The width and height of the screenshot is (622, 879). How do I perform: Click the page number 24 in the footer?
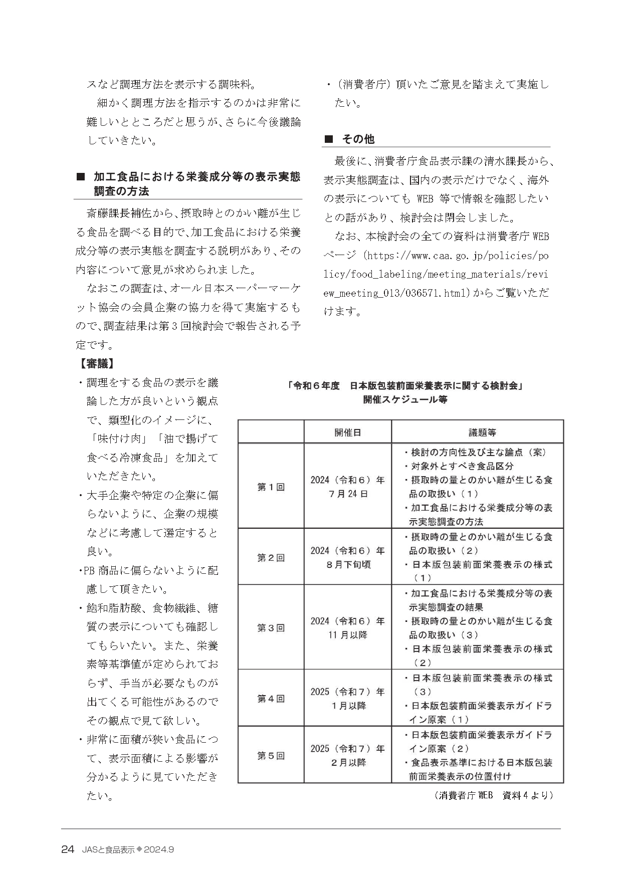68,849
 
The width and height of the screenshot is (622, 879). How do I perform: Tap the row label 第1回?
271,487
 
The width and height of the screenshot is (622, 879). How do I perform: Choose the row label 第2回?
271,557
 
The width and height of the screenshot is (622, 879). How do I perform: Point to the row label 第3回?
271,627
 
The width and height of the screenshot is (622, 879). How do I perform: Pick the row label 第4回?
271,698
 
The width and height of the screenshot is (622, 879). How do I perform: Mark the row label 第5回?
271,755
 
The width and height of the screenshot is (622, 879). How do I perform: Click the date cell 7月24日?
347,494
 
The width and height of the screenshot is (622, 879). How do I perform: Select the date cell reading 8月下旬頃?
347,564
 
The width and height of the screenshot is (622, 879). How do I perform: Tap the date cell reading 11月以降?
347,635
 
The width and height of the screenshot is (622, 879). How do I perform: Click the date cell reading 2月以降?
347,762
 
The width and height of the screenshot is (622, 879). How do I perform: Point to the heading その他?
358,139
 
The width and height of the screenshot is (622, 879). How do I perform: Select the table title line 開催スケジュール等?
405,399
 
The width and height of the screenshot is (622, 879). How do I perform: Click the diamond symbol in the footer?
140,849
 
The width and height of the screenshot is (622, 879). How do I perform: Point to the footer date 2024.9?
159,850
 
